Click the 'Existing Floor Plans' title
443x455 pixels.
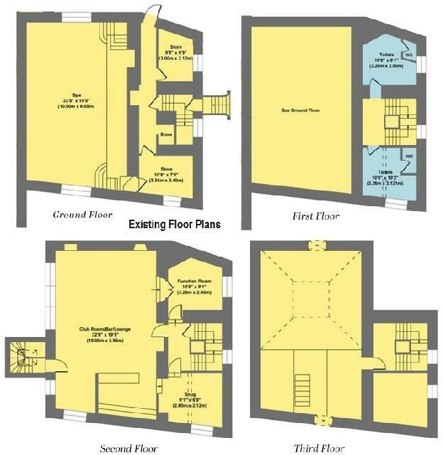coord(174,224)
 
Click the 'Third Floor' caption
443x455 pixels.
coord(319,448)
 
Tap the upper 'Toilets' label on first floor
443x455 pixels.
coord(386,54)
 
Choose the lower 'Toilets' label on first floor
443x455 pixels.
coord(385,172)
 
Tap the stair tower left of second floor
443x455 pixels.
coord(21,359)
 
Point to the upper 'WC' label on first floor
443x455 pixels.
coord(408,54)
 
